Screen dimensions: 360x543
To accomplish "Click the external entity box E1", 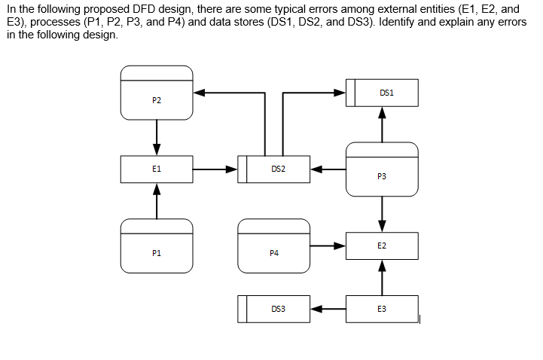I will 156,169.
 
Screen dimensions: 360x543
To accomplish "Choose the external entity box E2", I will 382,246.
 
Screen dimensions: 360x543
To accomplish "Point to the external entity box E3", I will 382,309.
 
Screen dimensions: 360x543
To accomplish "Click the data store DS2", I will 277,169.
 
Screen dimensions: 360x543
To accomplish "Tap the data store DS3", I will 277,309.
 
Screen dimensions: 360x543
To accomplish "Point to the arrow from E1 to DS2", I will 215,169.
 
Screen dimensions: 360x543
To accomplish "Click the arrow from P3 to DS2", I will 328,169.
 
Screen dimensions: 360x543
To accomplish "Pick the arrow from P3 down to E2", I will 382,215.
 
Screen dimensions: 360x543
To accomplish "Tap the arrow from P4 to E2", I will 328,246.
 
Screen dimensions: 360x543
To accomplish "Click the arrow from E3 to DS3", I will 328,309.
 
